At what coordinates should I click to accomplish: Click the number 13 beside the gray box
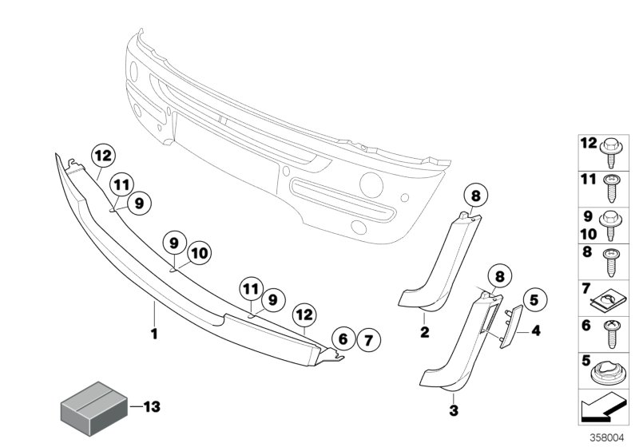pos(151,406)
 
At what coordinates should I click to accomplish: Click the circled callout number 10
pos(199,255)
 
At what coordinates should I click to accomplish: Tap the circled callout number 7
pos(370,338)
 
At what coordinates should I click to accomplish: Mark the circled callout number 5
pos(534,302)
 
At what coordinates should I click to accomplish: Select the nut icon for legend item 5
pos(607,372)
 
